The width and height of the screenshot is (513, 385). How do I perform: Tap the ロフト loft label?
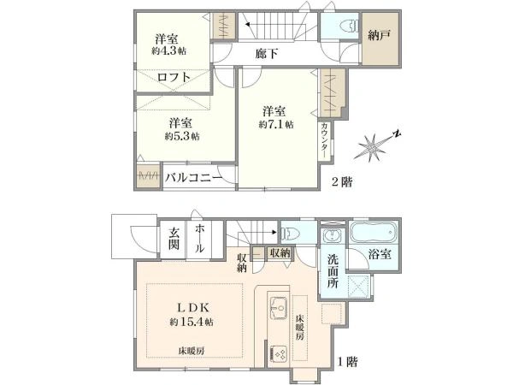click(x=173, y=77)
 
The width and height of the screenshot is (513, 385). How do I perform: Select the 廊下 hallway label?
click(x=268, y=53)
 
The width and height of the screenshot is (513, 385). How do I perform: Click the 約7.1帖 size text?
click(x=276, y=124)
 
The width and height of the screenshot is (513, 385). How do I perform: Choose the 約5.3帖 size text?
click(x=181, y=135)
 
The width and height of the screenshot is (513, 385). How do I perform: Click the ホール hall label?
click(x=199, y=237)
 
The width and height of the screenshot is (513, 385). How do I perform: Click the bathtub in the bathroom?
click(x=373, y=232)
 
